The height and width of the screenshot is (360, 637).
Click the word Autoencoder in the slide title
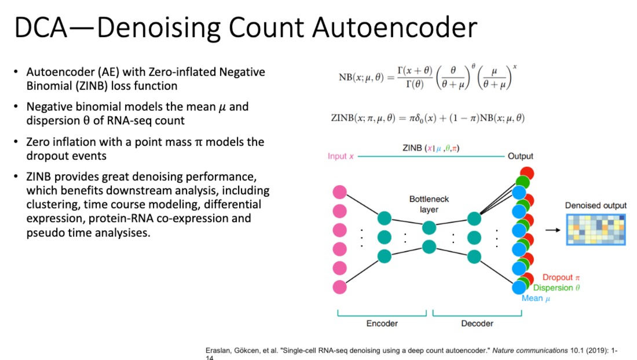pos(394,28)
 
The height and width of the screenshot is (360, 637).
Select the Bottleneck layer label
pos(429,204)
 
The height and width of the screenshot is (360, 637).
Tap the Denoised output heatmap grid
pos(596,230)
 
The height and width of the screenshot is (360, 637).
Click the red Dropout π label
pos(561,277)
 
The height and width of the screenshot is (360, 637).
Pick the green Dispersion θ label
pos(556,288)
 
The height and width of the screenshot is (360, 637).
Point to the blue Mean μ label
pos(536,298)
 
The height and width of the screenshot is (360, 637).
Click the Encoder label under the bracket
pos(382,324)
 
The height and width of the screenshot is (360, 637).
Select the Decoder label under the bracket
pos(477,324)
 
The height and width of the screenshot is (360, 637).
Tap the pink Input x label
pos(341,156)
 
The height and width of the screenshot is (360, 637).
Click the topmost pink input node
pos(339,192)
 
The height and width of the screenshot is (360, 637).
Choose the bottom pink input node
pos(339,287)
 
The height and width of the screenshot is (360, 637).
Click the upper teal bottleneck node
pos(429,227)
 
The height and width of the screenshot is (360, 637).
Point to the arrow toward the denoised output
pos(553,230)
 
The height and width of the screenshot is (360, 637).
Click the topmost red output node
pos(528,173)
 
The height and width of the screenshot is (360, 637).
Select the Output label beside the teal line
pos(521,156)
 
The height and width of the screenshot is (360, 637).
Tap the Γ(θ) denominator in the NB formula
pos(415,85)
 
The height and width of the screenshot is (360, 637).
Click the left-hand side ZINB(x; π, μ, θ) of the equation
pos(363,118)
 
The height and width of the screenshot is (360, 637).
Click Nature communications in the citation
pos(530,350)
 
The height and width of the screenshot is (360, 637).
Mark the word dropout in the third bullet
pos(46,156)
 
